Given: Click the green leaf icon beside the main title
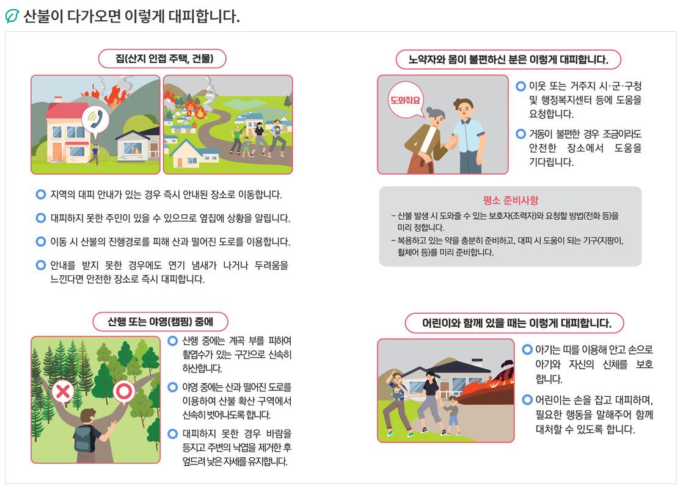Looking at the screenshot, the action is click(12, 16).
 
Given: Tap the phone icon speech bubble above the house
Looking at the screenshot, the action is click(95, 120).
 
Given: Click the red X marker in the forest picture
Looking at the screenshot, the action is click(63, 392).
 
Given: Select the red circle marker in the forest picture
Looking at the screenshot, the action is click(124, 392).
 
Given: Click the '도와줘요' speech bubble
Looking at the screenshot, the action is click(406, 101).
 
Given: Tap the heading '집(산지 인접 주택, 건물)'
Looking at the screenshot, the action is click(162, 59).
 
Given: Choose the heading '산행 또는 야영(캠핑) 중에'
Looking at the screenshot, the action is click(160, 322).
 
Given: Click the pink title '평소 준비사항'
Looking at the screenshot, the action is click(511, 200).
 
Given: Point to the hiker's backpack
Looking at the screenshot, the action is click(85, 438).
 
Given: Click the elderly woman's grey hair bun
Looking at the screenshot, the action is click(430, 110).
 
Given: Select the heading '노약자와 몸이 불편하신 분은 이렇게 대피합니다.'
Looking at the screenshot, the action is click(508, 59).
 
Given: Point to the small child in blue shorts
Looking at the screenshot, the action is click(453, 415).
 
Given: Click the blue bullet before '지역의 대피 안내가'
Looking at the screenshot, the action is click(40, 194).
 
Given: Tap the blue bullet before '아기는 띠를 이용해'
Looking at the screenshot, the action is click(527, 349).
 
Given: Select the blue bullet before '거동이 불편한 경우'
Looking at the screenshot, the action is click(520, 134).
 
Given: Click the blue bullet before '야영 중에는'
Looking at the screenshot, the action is click(173, 386).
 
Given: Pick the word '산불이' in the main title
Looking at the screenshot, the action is click(43, 16).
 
